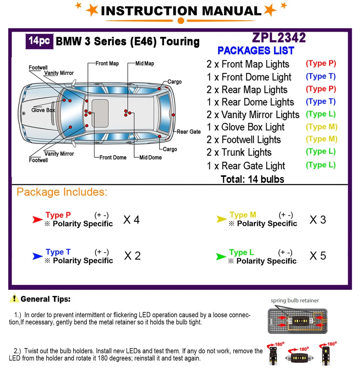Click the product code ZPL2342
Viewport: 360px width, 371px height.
278,37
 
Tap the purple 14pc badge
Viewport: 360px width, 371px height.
39,41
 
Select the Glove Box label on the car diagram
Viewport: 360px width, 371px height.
43,110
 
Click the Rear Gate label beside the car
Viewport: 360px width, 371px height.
188,132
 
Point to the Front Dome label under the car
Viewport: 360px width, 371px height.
113,157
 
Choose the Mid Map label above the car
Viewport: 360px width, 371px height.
144,63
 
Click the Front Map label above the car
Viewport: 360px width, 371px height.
107,63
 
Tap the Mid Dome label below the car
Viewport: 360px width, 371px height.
150,157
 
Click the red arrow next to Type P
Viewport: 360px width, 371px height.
37,220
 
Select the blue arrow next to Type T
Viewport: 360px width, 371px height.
37,256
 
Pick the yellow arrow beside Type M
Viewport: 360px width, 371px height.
221,219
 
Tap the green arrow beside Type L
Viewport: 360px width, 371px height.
221,256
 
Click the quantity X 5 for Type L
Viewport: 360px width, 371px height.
318,256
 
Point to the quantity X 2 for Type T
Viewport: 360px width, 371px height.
132,256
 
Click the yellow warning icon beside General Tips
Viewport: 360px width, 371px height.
14,298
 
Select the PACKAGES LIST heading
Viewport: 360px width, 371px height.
256,51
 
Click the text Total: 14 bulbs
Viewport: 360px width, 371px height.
252,179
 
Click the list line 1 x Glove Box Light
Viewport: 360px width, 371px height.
245,127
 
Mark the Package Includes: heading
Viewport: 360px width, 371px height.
62,192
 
